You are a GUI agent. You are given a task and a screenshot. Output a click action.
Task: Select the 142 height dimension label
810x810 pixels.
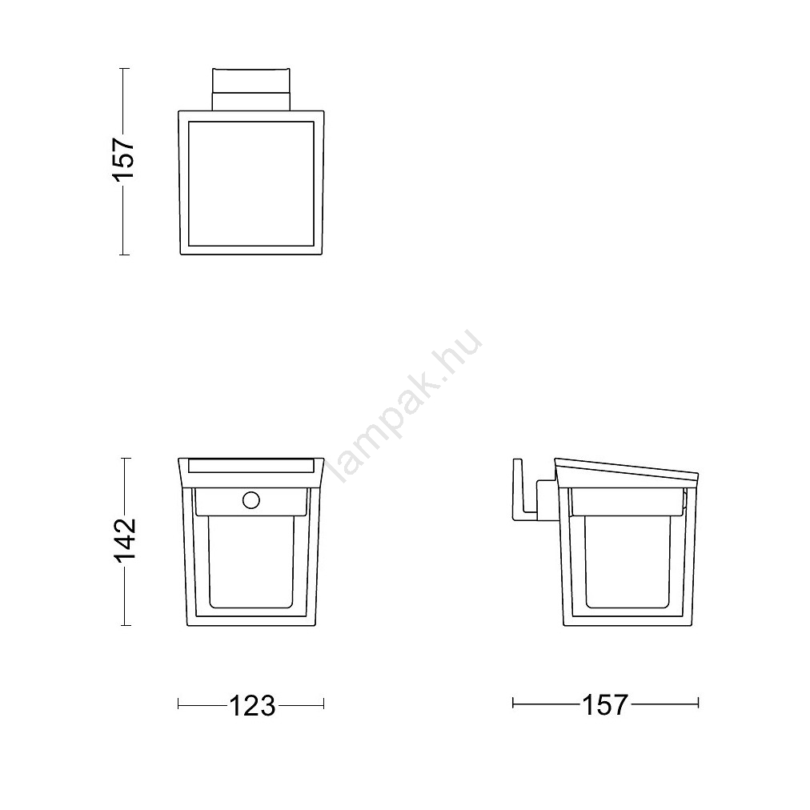125,539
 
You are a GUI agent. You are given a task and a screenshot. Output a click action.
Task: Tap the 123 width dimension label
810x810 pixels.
252,705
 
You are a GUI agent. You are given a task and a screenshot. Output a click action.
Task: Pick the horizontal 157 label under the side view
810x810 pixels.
604,704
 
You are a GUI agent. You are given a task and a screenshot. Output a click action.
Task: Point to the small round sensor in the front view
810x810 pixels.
251,500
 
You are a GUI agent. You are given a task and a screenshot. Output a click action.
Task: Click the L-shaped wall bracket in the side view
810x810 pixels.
526,489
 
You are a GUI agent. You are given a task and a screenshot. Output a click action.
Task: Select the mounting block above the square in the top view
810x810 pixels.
251,88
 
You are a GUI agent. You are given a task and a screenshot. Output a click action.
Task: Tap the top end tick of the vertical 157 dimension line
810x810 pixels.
124,68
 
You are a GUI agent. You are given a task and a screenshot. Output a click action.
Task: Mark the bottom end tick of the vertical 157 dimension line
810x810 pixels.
124,255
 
